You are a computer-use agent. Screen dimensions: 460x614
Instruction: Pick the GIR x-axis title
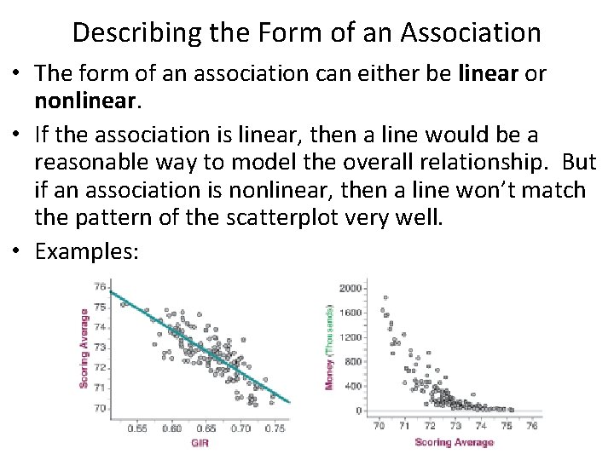200,444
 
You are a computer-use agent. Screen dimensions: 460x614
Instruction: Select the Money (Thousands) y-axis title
328,348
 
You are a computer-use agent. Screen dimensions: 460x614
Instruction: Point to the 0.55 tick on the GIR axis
137,428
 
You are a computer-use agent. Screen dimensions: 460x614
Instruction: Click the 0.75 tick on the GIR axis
274,428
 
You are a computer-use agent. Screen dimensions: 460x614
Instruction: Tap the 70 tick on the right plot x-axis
378,425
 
